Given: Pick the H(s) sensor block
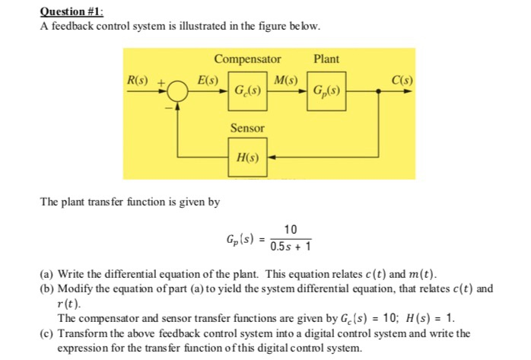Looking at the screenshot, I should pos(247,158).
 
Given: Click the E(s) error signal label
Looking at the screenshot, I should pos(208,80).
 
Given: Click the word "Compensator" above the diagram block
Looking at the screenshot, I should pos(247,59).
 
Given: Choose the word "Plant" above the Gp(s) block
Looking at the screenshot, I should pos(326,59).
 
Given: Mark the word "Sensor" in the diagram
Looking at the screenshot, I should pos(247,129).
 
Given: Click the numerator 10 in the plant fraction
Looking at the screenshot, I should pos(290,230).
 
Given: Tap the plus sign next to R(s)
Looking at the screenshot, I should pos(161,82).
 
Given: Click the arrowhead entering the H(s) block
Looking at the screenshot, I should pos(270,158).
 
